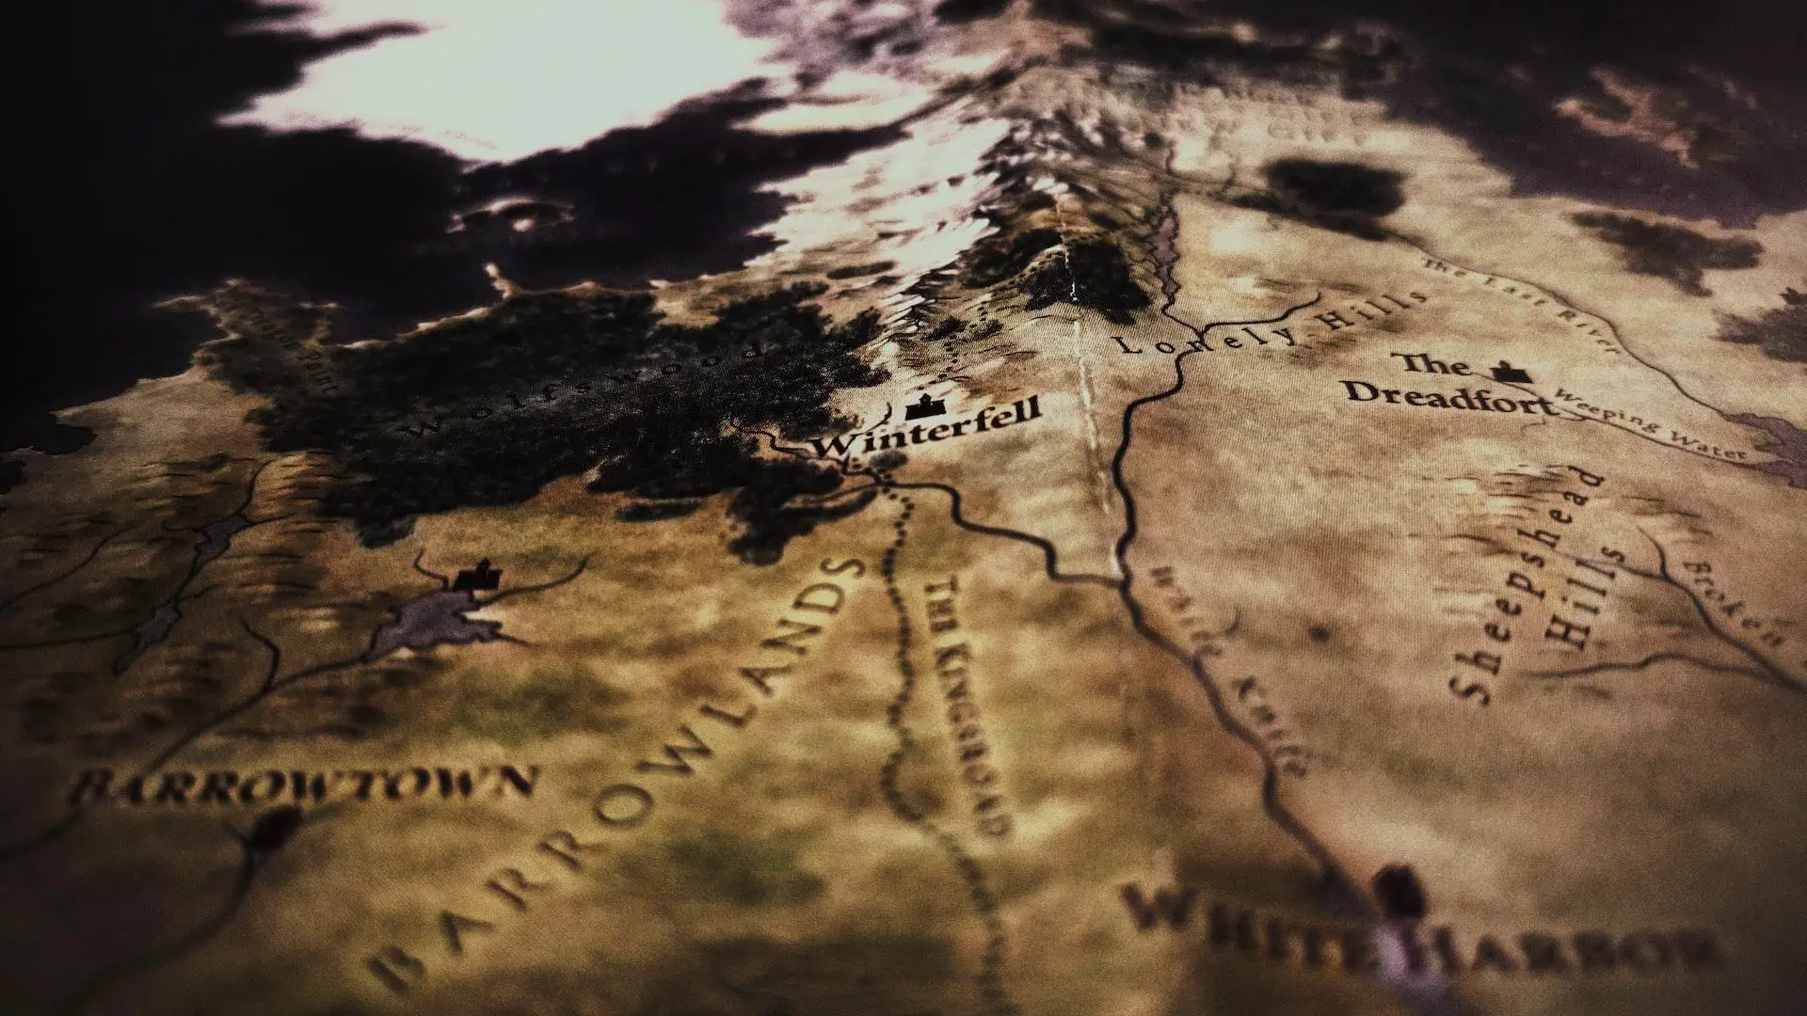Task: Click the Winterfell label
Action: click(927, 431)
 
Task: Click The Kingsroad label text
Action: click(969, 706)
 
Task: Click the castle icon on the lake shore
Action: click(476, 576)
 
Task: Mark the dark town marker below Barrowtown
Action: click(273, 828)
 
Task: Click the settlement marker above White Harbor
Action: click(1396, 889)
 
